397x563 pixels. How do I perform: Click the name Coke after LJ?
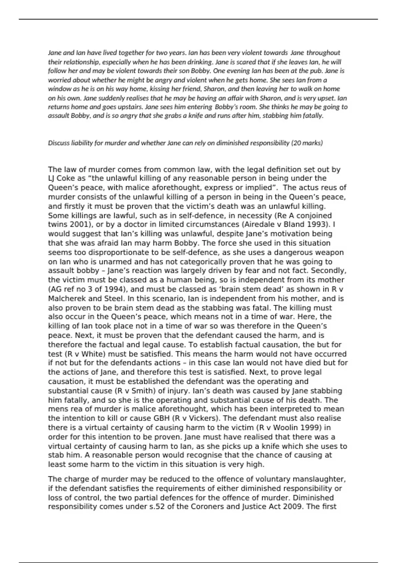[64, 178]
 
